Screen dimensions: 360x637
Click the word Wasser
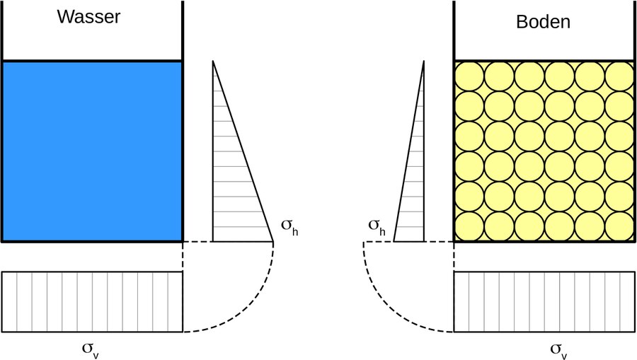(x=88, y=18)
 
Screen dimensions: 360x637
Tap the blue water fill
(x=92, y=151)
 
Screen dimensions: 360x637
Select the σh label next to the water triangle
(x=289, y=226)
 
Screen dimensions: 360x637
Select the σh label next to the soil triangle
(x=377, y=226)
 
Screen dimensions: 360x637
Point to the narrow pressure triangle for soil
(x=414, y=191)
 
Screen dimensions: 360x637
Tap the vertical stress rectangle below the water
(x=92, y=301)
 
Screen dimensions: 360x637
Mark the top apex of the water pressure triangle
(x=213, y=62)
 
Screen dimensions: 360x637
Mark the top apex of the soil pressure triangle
(x=423, y=62)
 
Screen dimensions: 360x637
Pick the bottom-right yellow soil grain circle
(x=620, y=227)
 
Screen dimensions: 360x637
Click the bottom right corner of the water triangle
(x=273, y=241)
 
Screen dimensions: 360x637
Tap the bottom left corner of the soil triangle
(x=394, y=241)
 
